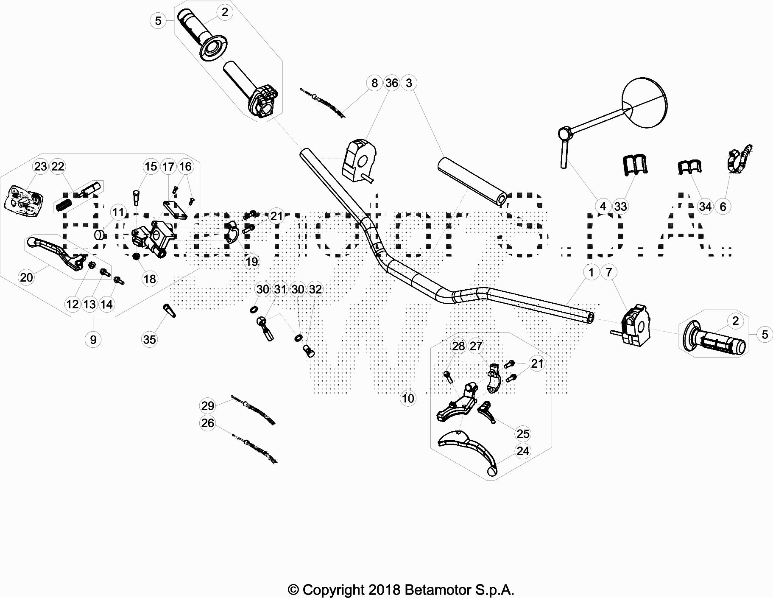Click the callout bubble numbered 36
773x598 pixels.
point(391,83)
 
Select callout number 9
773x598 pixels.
point(93,339)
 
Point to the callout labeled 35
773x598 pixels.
point(150,339)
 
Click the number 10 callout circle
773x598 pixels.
point(408,398)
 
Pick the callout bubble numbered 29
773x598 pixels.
point(207,406)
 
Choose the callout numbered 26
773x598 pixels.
point(207,423)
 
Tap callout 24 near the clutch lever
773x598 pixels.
point(523,451)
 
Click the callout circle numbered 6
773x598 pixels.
point(723,207)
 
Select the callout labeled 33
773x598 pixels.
point(620,207)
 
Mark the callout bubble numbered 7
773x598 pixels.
point(609,272)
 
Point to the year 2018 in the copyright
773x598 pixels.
point(384,590)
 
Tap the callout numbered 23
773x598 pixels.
point(41,167)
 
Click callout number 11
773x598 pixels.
point(118,212)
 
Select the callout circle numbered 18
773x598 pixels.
point(150,279)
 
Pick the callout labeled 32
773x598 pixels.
point(315,289)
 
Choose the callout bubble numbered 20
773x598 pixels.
point(26,277)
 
